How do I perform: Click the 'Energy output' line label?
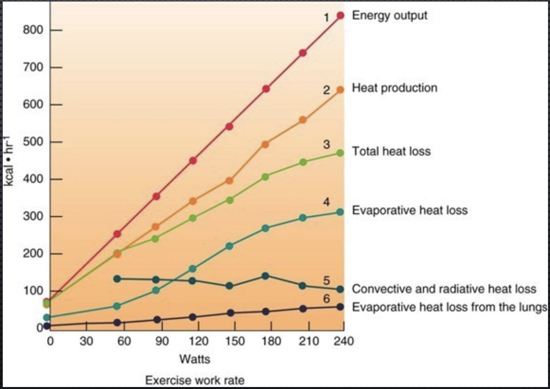389,15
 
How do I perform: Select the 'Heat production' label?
394,88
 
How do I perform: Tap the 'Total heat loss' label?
391,151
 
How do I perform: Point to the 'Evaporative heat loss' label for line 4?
409,210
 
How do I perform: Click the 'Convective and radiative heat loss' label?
443,289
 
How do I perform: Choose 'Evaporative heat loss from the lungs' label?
449,307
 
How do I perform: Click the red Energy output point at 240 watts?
341,15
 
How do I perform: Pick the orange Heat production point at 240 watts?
340,90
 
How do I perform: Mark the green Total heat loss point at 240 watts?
340,153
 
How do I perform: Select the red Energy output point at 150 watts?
229,127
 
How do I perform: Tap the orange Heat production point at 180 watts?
265,144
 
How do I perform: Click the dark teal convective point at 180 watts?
265,276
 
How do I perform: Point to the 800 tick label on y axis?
33,30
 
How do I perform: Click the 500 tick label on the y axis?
33,142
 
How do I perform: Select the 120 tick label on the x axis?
198,341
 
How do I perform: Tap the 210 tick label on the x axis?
309,341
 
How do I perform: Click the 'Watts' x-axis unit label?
195,359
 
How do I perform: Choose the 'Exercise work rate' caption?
195,380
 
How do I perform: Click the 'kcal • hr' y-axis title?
9,161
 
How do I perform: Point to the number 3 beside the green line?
326,144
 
